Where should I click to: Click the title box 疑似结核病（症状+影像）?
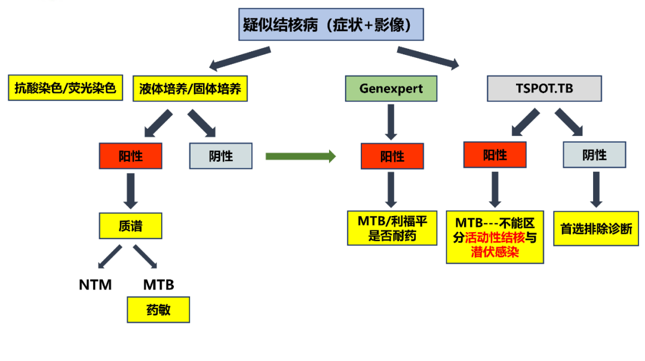tap(331, 25)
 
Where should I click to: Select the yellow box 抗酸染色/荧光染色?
tap(65, 88)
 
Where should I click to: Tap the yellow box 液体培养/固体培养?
tap(190, 89)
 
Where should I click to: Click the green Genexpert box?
tap(391, 88)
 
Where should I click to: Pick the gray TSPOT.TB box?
tap(544, 88)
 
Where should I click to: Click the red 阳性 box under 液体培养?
tap(130, 156)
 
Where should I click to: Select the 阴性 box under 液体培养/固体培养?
tap(220, 156)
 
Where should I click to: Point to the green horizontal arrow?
tap(300, 156)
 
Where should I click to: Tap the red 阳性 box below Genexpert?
tap(392, 156)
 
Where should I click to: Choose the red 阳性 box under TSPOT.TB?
tap(494, 155)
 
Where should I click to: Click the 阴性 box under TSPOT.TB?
tap(594, 155)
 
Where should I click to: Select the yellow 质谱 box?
tap(130, 227)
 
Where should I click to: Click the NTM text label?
tap(96, 285)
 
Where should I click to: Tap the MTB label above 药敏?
tap(158, 285)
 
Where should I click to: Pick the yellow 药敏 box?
tap(158, 310)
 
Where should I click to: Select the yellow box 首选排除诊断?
tap(595, 229)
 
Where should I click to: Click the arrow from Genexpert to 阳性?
tap(391, 122)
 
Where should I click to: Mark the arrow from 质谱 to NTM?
tap(110, 255)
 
